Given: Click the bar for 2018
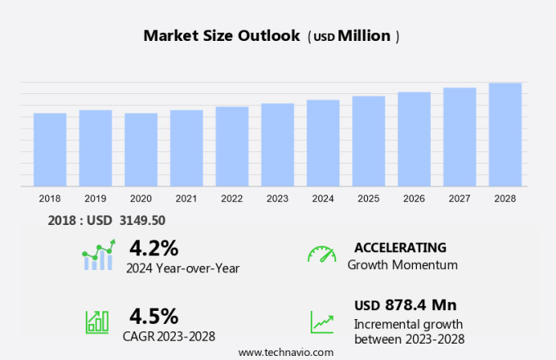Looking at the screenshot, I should click(50, 150).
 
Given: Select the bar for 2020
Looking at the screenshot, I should click(141, 150).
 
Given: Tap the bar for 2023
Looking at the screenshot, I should click(277, 145).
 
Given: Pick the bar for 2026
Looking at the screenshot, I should click(414, 139).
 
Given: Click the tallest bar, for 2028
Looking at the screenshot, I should click(504, 135).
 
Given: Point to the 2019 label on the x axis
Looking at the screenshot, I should click(95, 198).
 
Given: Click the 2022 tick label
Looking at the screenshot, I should click(231, 198).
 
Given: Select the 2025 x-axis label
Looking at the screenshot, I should click(368, 198).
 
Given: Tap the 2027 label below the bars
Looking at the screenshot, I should click(459, 198).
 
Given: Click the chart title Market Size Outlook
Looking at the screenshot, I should click(222, 36).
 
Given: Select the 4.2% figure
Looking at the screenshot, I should click(154, 247).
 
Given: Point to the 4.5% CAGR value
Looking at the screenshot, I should click(154, 316).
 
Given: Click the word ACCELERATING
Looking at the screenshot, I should click(400, 247).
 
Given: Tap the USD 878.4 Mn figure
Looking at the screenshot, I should click(405, 305).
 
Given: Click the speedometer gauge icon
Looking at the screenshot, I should click(321, 255).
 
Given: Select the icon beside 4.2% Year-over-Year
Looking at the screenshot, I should click(99, 255).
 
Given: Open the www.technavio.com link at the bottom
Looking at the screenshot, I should click(286, 352).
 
